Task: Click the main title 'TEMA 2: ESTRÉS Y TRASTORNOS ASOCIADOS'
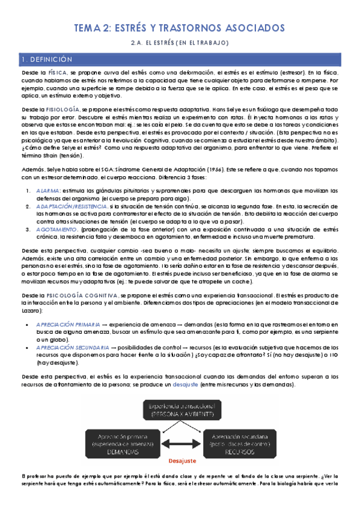pos(180,28)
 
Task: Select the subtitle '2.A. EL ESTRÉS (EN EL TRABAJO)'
pos(180,43)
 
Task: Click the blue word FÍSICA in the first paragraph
pos(58,73)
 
